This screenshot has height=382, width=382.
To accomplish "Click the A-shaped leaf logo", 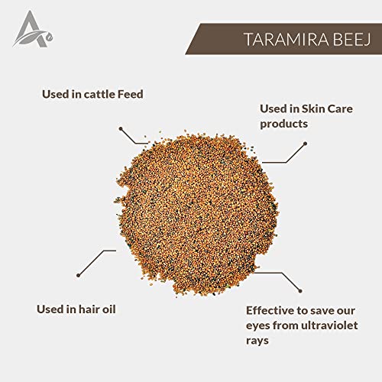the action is [x=33, y=29].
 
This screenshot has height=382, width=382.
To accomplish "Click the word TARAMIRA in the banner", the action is [x=286, y=40].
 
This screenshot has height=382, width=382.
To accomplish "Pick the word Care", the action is [x=340, y=108].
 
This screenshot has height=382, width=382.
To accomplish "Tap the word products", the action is [x=283, y=125].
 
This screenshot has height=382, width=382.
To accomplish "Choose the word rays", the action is [x=257, y=342].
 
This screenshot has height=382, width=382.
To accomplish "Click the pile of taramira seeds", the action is [x=196, y=213].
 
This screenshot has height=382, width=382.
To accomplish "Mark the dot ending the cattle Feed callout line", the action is [x=121, y=129].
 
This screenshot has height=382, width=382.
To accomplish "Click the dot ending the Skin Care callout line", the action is [x=305, y=144].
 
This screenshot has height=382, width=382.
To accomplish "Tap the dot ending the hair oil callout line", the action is [x=79, y=275].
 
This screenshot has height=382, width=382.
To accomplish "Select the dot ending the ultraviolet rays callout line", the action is [x=300, y=291].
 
